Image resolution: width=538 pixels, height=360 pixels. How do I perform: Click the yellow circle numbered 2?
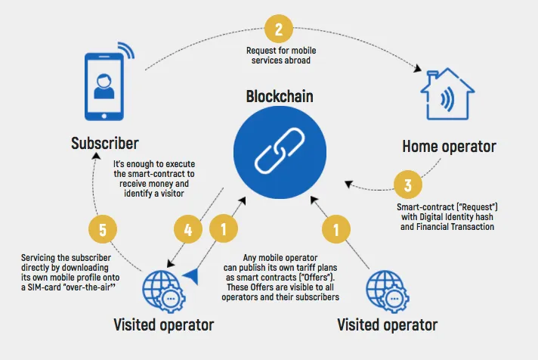coord(279,29)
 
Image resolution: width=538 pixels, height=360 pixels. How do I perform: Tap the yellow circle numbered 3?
coord(407,185)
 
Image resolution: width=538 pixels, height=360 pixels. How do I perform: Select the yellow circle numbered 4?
coord(188,229)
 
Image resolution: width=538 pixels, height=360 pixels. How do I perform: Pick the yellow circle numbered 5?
coord(103,229)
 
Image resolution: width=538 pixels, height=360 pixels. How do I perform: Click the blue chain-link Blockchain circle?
coord(280,152)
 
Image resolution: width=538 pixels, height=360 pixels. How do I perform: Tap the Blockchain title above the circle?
coord(280,97)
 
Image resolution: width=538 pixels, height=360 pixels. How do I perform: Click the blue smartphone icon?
coord(104,86)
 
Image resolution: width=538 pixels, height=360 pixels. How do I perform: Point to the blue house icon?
coord(447,94)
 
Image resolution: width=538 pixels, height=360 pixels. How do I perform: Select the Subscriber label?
coord(104,143)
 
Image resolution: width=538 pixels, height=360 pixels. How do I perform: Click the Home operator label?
coord(449,147)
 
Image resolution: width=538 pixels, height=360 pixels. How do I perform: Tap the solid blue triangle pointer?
coord(191,276)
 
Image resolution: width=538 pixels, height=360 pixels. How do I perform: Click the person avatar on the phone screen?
coord(104,86)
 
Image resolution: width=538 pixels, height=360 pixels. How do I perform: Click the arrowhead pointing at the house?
coord(418,68)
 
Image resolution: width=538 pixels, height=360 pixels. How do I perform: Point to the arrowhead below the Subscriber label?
coord(97,156)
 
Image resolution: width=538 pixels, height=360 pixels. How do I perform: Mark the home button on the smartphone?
coord(104,116)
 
